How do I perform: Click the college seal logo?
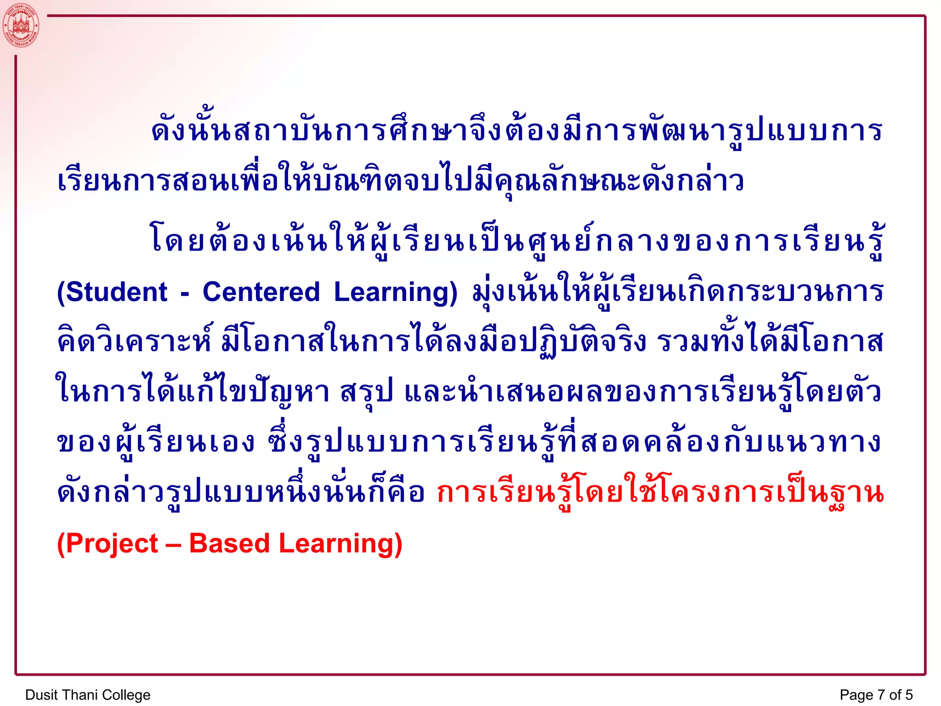[21, 25]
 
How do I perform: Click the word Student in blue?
[117, 292]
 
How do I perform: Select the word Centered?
[261, 292]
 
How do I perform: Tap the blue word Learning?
[390, 292]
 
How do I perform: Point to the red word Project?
[112, 543]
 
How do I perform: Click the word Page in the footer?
[856, 695]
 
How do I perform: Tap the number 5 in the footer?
[909, 695]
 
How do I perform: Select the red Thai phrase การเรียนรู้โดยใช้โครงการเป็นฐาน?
[660, 493]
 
